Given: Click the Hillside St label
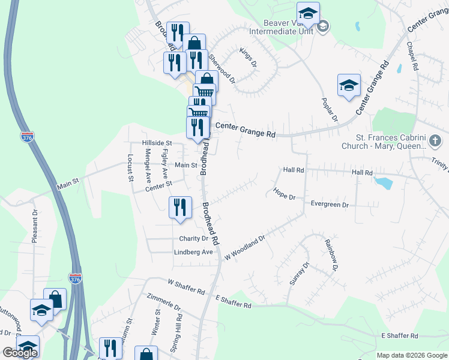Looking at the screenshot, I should click(157, 143).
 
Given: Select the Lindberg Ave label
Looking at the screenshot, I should click(193, 253).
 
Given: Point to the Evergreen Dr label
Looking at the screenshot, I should click(330, 205).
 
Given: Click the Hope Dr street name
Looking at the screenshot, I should click(285, 193).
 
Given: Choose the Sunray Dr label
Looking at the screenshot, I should click(298, 274).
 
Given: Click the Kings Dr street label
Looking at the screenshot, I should click(249, 57).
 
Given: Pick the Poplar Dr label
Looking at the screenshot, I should click(330, 110).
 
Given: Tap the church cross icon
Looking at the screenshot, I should click(436, 141).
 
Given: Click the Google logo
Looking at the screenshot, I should click(20, 353).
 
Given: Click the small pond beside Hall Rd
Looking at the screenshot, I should click(381, 182).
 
